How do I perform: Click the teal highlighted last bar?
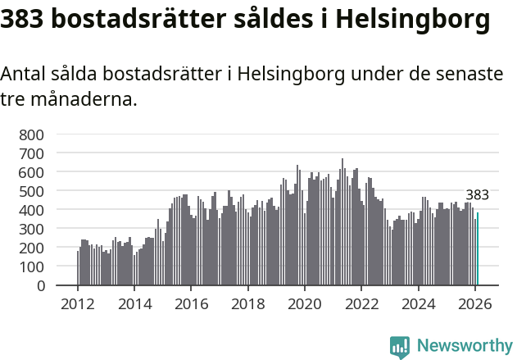point(478,249)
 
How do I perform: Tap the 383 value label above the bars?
point(477,195)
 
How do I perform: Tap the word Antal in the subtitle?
point(23,75)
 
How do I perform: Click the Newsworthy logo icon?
point(400,347)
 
